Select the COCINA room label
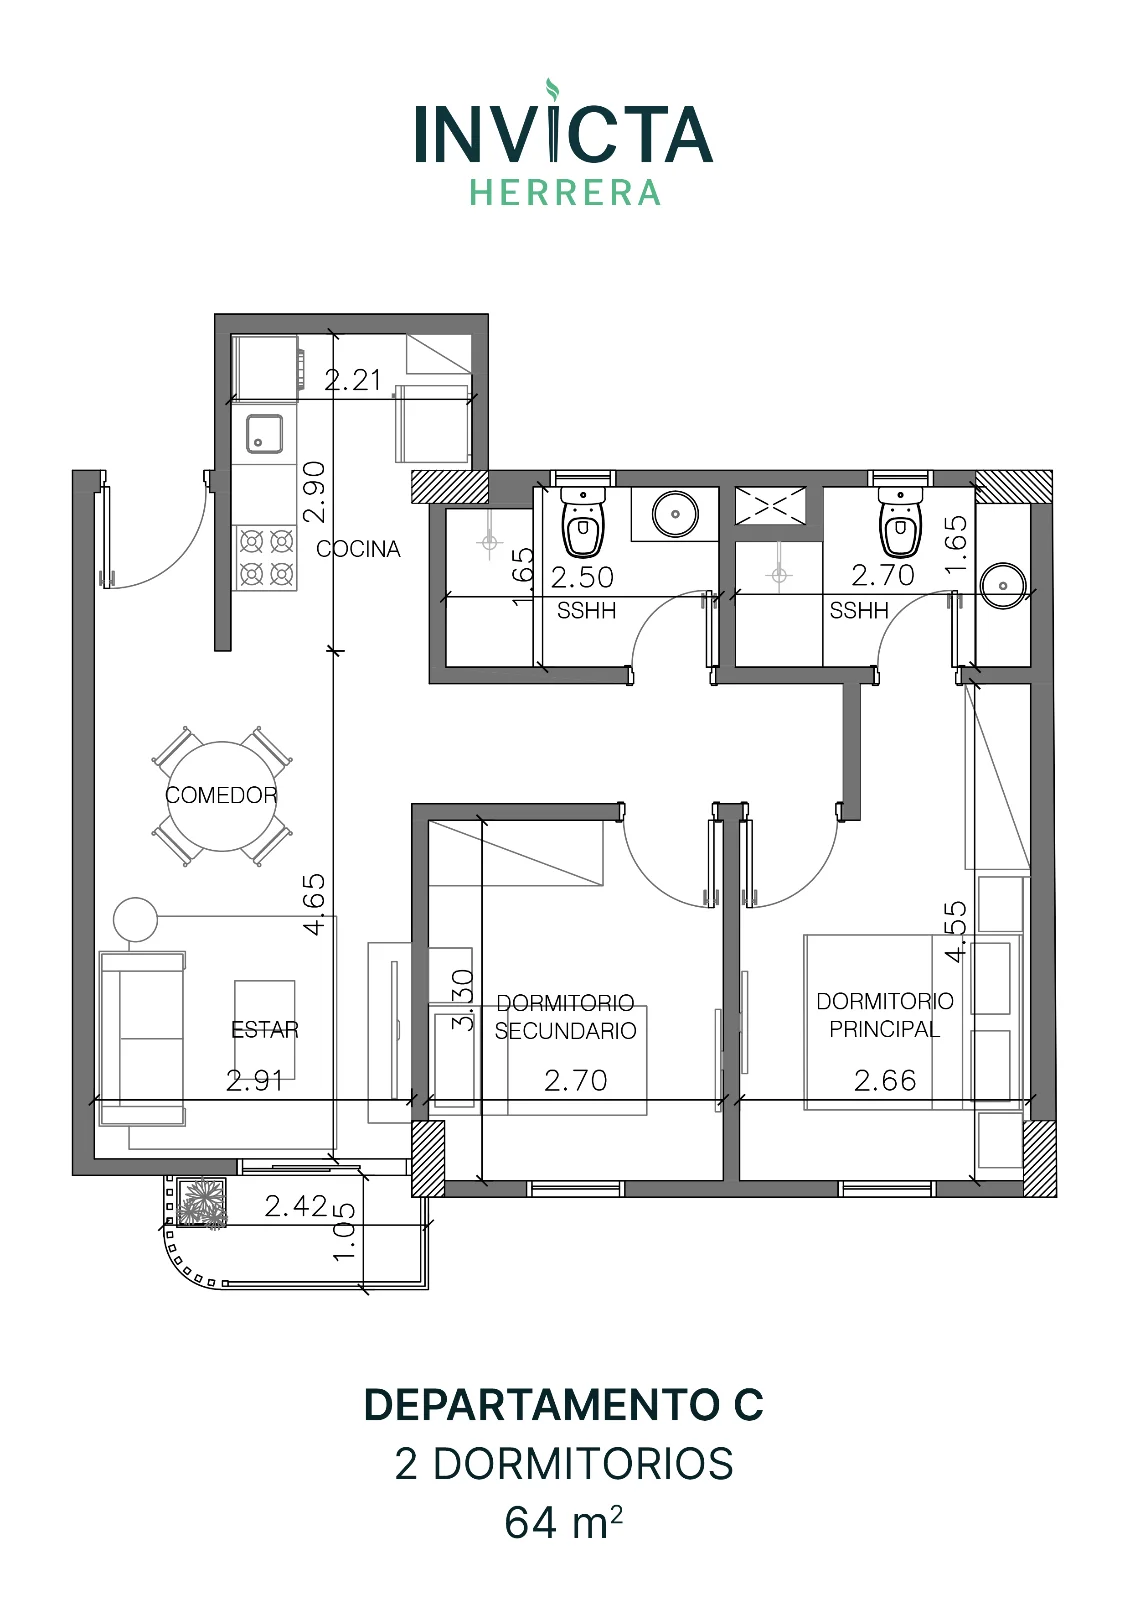tap(358, 549)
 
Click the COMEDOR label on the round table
tap(221, 795)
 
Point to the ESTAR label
tap(264, 1029)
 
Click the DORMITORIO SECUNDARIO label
tap(565, 1016)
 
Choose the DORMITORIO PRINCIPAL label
tap(884, 1015)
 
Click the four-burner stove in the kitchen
tap(266, 557)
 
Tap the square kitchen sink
tap(264, 434)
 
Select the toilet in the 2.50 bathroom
tap(583, 521)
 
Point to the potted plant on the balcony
tap(201, 1204)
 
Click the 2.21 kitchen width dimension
tap(352, 380)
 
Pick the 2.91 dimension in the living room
tap(254, 1081)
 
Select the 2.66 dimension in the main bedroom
tap(884, 1081)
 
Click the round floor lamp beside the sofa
tap(135, 920)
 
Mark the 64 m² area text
tap(564, 1523)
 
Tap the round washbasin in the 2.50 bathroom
tap(675, 514)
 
